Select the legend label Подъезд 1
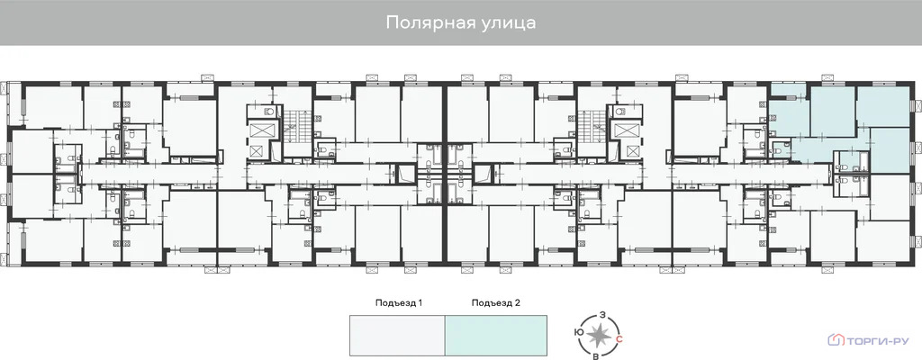click(399, 303)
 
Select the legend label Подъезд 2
click(496, 303)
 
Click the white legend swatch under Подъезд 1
click(397, 335)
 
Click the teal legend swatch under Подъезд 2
click(496, 335)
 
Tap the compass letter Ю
click(577, 332)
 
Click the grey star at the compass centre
click(598, 335)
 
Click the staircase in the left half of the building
click(294, 122)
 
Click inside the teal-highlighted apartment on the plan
click(833, 112)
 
